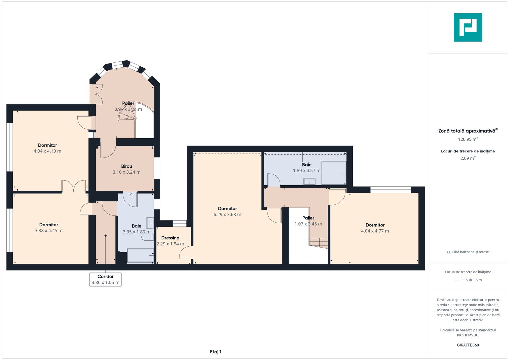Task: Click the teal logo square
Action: (x=468, y=27)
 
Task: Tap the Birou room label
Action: (x=127, y=166)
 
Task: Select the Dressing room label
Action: (x=170, y=238)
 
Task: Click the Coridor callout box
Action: (x=105, y=279)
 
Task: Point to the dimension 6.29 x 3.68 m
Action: (x=227, y=214)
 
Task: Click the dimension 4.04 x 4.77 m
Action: (x=375, y=231)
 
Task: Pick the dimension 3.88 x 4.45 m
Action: (x=49, y=230)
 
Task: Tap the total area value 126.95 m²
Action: (x=468, y=139)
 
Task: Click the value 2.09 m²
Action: (x=468, y=158)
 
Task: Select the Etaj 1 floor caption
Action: (x=216, y=352)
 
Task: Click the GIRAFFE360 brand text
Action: (x=468, y=345)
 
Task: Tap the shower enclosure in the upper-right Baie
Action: (x=334, y=173)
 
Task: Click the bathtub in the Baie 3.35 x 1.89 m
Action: (x=140, y=256)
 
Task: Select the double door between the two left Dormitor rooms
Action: (x=74, y=186)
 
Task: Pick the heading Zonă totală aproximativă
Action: (x=467, y=131)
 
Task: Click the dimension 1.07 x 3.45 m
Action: (x=308, y=224)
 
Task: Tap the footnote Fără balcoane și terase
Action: (x=468, y=252)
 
